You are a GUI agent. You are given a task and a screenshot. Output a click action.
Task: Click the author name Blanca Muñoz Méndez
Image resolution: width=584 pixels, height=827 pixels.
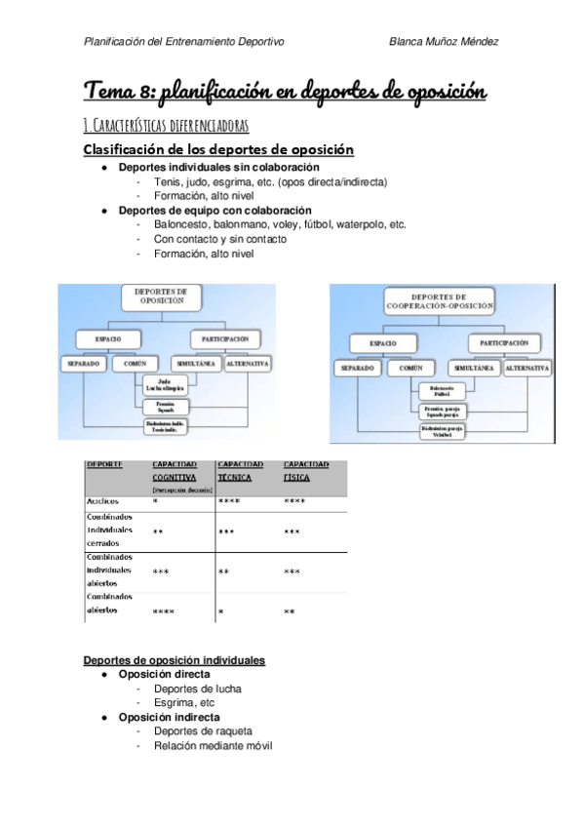click(445, 42)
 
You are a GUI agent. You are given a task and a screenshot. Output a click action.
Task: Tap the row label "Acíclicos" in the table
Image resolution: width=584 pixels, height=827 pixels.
click(104, 501)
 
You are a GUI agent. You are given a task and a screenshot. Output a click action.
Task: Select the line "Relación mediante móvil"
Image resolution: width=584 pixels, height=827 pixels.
click(213, 746)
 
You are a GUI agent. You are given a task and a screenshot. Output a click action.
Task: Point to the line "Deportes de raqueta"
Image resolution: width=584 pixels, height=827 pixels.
click(203, 731)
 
